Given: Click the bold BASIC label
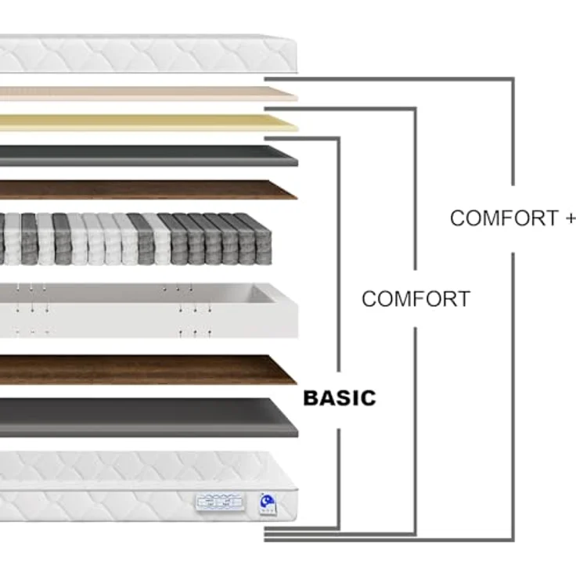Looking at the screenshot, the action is pyautogui.click(x=340, y=398).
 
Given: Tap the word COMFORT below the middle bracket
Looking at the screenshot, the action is pyautogui.click(x=416, y=299).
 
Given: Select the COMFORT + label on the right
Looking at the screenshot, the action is pyautogui.click(x=513, y=218).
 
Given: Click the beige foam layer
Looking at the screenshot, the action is pyautogui.click(x=147, y=94).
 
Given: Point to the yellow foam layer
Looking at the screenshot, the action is pyautogui.click(x=147, y=123).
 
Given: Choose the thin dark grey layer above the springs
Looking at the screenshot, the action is pyautogui.click(x=147, y=156).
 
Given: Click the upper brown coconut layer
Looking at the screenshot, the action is pyautogui.click(x=147, y=189).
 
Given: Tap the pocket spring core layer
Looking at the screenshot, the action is pyautogui.click(x=136, y=239).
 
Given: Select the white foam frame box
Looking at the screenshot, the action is pyautogui.click(x=147, y=311).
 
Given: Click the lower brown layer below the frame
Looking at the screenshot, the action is pyautogui.click(x=147, y=369).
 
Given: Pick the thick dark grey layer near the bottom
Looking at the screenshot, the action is pyautogui.click(x=147, y=418).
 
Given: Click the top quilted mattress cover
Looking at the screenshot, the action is pyautogui.click(x=147, y=54).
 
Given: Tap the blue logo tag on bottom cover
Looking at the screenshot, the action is pyautogui.click(x=268, y=504).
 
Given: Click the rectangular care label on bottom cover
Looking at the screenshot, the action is pyautogui.click(x=221, y=502).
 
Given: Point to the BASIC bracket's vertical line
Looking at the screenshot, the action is pyautogui.click(x=338, y=254).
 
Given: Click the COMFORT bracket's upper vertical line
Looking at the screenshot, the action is pyautogui.click(x=416, y=189).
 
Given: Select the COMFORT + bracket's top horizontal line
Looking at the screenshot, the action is pyautogui.click(x=389, y=79).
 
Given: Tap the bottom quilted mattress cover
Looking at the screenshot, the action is pyautogui.click(x=147, y=486).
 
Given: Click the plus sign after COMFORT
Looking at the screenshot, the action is pyautogui.click(x=571, y=218).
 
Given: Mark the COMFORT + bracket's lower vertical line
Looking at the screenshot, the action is pyautogui.click(x=513, y=396).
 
